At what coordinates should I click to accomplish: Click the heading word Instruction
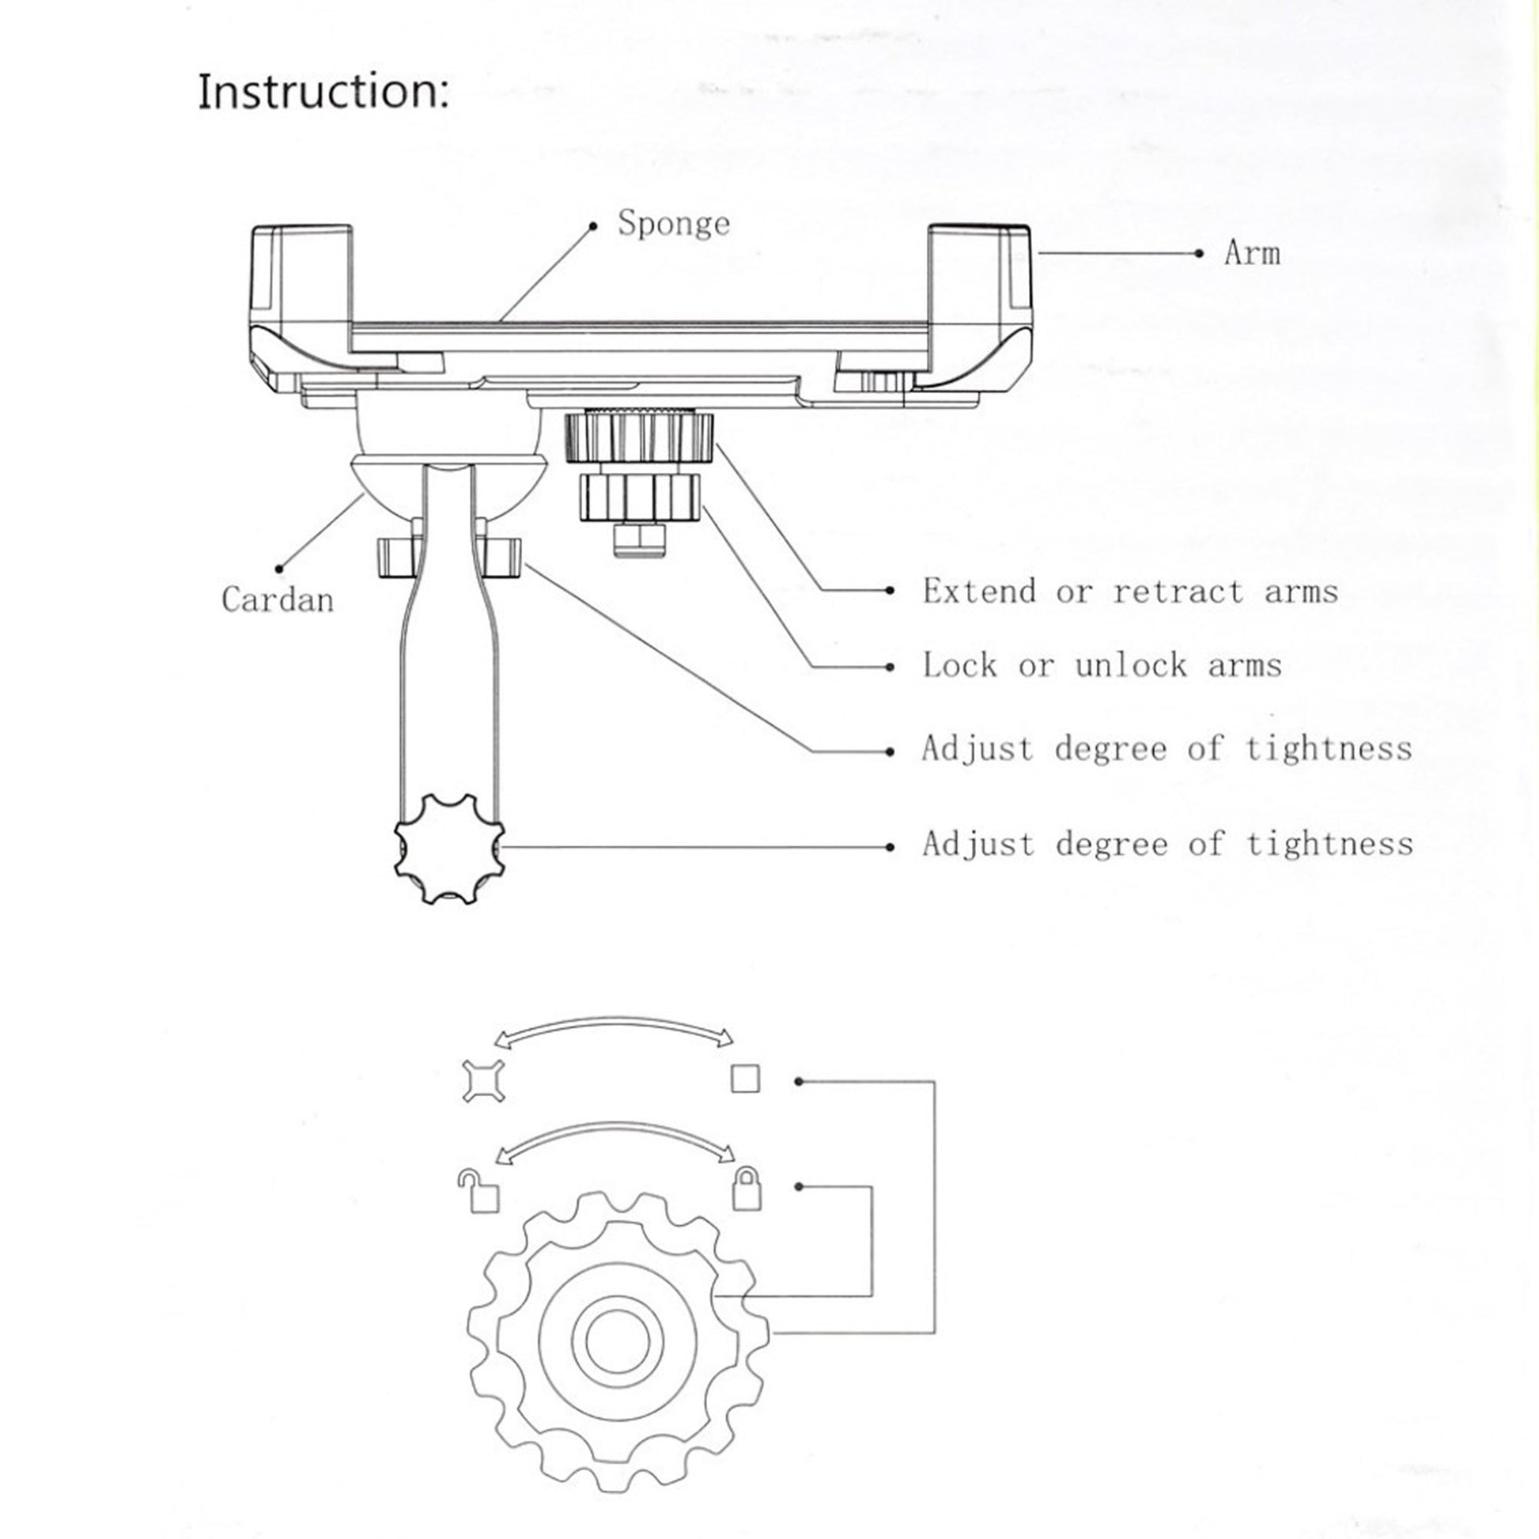tap(323, 92)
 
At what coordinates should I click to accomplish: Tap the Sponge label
tap(673, 224)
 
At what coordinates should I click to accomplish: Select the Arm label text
tap(1251, 253)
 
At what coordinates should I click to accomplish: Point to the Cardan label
tap(278, 599)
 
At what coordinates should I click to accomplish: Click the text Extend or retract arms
tap(1129, 591)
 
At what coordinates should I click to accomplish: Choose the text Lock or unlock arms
tap(1102, 665)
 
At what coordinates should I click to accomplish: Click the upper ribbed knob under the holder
tap(640, 437)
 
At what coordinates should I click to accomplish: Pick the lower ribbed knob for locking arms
tap(641, 497)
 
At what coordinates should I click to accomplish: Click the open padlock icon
tap(479, 1193)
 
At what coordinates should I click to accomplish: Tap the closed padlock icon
tap(747, 1189)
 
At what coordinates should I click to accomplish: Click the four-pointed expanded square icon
tap(483, 1082)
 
